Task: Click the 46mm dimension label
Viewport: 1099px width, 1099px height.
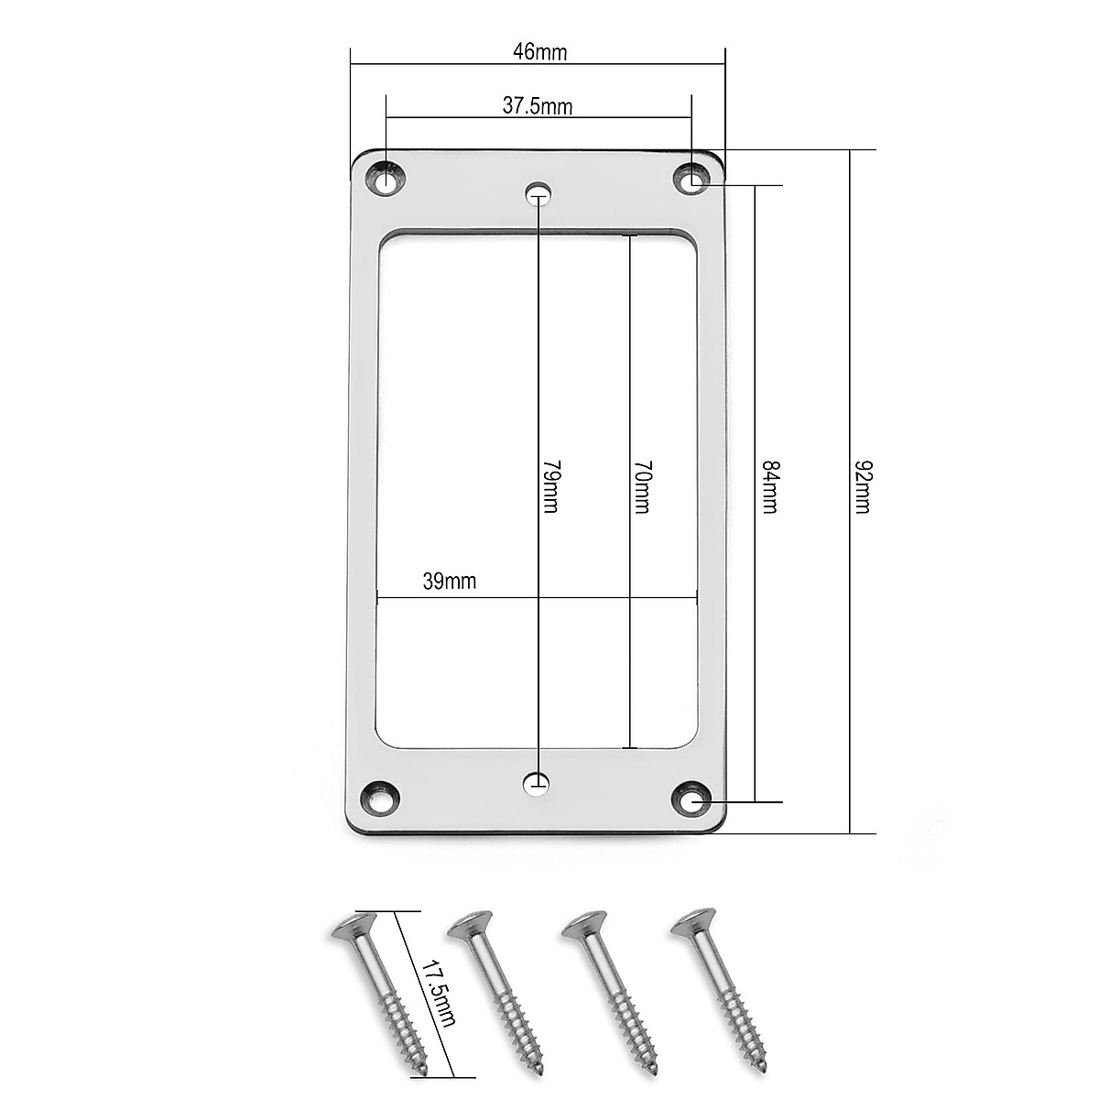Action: [x=540, y=52]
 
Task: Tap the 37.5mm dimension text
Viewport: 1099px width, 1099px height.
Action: [x=538, y=106]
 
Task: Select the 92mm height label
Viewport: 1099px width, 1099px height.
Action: [x=863, y=486]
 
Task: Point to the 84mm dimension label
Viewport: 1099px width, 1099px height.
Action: [x=770, y=486]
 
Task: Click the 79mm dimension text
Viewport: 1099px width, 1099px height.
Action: [x=551, y=486]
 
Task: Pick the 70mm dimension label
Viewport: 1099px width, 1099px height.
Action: [x=643, y=486]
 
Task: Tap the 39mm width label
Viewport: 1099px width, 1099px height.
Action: [x=450, y=582]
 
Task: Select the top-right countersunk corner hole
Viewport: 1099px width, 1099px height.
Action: [x=691, y=180]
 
